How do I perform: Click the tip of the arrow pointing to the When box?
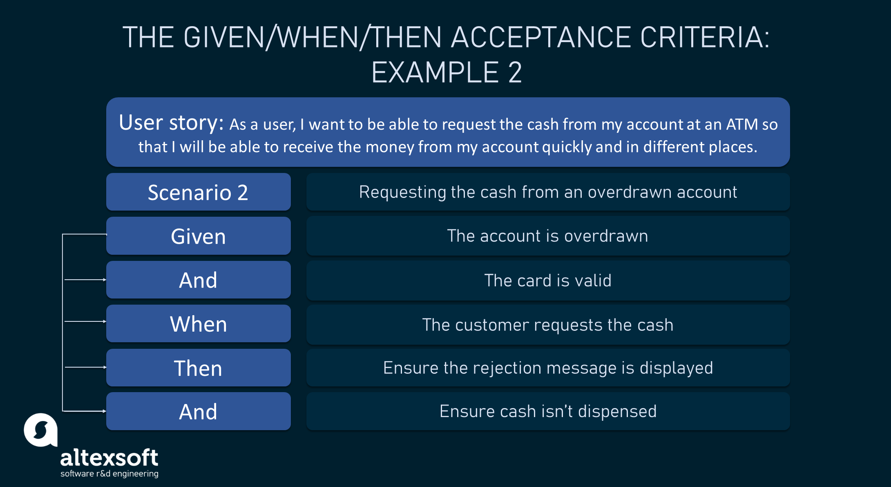pos(107,321)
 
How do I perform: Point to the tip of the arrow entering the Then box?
pos(107,367)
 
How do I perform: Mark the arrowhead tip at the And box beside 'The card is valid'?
pos(107,280)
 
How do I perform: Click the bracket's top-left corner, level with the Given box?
pos(63,234)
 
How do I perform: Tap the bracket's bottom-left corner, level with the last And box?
pos(63,411)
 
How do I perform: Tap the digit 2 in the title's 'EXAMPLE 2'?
pos(515,72)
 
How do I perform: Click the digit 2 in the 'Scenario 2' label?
pos(243,193)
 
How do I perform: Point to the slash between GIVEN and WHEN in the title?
pos(272,37)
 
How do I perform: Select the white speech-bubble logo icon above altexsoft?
pos(40,430)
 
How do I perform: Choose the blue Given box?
pos(199,236)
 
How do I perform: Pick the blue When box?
pos(199,323)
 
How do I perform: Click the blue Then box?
pos(199,368)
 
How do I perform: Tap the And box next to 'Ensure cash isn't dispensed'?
pos(199,411)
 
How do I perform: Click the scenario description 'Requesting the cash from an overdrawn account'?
pos(548,192)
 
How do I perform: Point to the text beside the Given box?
pos(547,236)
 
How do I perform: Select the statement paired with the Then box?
pos(548,368)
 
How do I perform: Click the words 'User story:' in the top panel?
pos(171,123)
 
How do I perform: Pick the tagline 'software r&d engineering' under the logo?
pos(109,474)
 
